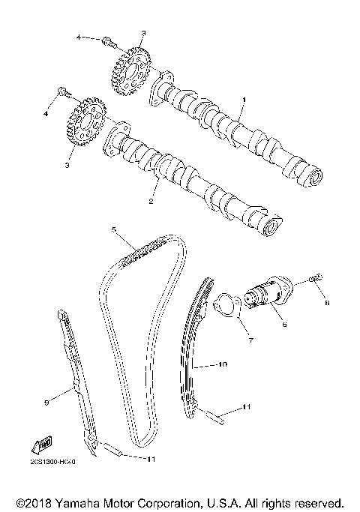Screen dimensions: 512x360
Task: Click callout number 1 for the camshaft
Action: [x=242, y=100]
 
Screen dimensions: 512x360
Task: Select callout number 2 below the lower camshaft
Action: [x=151, y=202]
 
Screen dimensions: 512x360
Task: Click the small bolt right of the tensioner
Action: [x=314, y=280]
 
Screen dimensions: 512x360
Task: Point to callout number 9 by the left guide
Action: [x=46, y=403]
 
